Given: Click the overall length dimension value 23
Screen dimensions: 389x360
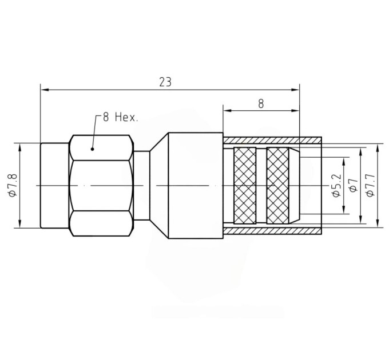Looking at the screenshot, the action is [x=165, y=82].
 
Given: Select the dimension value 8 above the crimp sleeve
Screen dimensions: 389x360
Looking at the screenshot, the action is [x=261, y=104].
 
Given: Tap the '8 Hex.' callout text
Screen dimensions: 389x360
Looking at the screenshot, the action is [x=120, y=117].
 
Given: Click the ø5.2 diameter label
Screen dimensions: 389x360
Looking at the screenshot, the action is [x=337, y=186].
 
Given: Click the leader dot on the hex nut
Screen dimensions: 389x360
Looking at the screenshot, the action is [x=92, y=149].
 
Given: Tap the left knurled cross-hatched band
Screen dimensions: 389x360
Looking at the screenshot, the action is [x=245, y=186].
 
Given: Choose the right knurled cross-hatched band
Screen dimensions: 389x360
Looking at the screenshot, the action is [x=277, y=186].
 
